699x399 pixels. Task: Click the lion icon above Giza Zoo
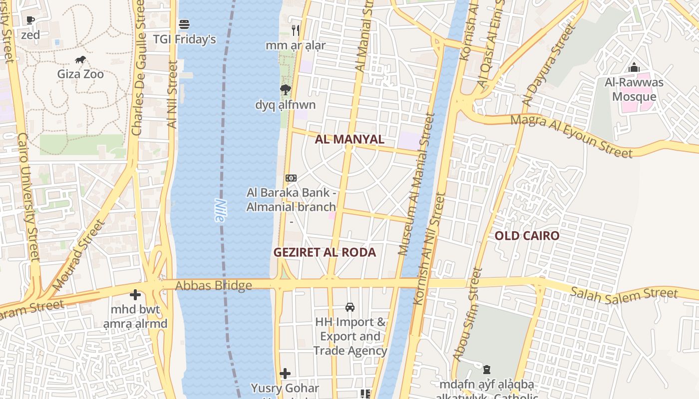[x=80, y=60]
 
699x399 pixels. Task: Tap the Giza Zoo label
[x=80, y=74]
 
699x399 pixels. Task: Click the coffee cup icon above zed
[x=30, y=20]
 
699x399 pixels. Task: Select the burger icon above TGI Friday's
[x=184, y=24]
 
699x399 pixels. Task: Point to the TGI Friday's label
[x=184, y=39]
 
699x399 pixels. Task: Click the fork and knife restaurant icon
[x=295, y=30]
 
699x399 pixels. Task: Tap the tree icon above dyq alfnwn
[x=285, y=90]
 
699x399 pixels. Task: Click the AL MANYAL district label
[x=349, y=139]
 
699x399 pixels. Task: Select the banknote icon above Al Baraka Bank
[x=291, y=178]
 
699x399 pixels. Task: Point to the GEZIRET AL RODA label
[x=325, y=252]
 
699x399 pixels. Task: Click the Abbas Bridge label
[x=214, y=286]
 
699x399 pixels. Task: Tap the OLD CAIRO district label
[x=527, y=236]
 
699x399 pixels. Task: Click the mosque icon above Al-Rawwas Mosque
[x=634, y=67]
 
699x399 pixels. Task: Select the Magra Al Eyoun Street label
[x=571, y=135]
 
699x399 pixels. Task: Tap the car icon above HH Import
[x=350, y=307]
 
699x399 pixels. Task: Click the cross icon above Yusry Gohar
[x=285, y=373]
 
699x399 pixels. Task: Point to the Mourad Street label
[x=79, y=255]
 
